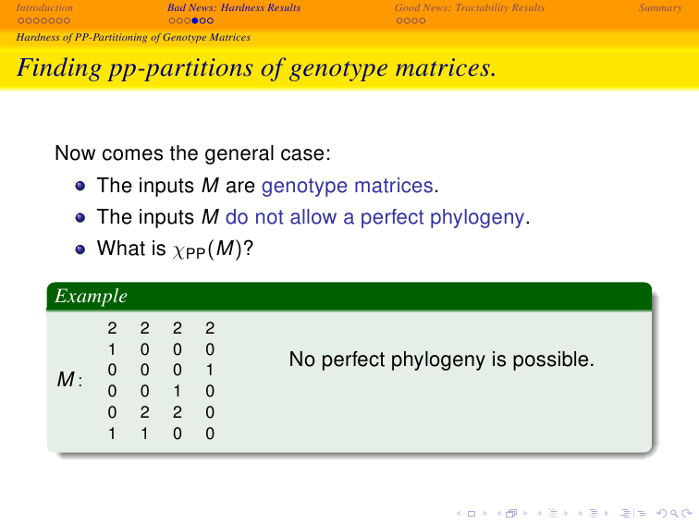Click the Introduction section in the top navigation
pos(44,7)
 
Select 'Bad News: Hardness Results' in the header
pos(234,7)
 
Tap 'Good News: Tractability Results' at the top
pos(470,7)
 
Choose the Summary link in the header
pos(660,7)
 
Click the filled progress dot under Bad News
pos(195,20)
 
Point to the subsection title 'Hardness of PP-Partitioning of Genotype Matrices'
pos(133,37)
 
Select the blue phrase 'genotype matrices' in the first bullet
pos(348,186)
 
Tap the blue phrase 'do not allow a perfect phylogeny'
pos(374,217)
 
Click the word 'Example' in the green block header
pos(91,297)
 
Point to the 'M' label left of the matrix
pos(66,380)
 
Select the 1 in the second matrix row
pos(112,349)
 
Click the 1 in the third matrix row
pos(210,371)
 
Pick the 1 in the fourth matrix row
pos(177,391)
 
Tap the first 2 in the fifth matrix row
pos(144,412)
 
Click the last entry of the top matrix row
pos(210,328)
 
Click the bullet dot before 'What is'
pos(80,250)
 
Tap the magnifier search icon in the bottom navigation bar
pos(674,514)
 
